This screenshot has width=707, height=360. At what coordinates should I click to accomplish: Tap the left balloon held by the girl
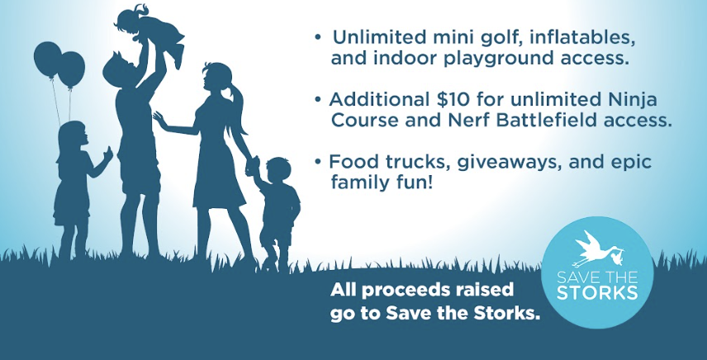click(47, 59)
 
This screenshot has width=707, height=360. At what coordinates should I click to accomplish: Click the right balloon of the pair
click(72, 69)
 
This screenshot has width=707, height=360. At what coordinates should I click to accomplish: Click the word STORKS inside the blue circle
click(597, 292)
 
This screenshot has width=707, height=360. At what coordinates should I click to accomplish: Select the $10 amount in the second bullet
click(445, 99)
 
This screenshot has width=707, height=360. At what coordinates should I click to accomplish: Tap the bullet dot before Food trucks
click(319, 161)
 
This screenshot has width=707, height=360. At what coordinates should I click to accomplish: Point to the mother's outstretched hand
click(159, 120)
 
